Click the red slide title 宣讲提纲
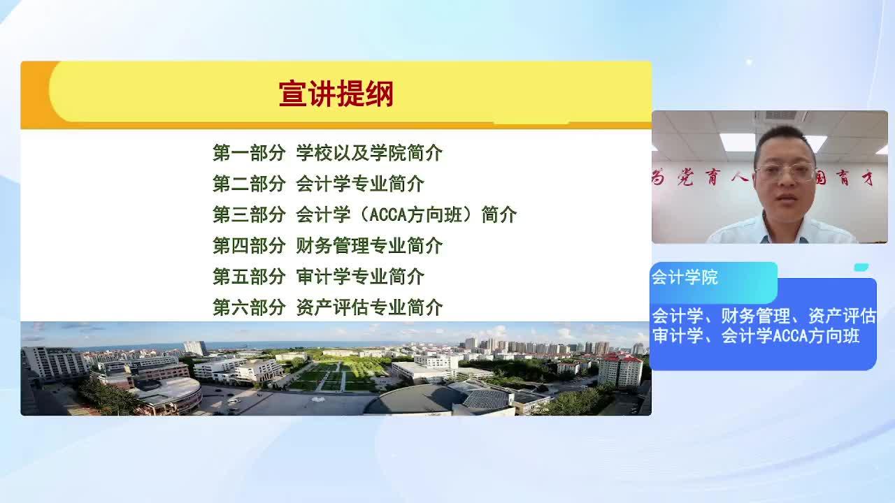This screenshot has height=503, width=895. [x=336, y=94]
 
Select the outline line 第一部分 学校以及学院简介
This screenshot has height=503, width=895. [x=327, y=153]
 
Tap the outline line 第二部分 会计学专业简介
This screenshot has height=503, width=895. [x=318, y=184]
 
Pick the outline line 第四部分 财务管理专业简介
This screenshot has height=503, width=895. [x=327, y=245]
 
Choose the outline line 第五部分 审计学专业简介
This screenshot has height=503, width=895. [x=318, y=276]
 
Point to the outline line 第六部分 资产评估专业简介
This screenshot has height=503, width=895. [x=327, y=307]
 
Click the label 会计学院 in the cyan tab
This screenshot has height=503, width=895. [x=685, y=277]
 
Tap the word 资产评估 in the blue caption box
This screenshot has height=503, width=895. [x=842, y=316]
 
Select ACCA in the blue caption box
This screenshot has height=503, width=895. [x=791, y=336]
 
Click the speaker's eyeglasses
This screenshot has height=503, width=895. [x=786, y=173]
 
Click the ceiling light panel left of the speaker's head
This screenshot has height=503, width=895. [x=738, y=142]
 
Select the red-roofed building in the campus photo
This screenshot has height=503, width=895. [x=620, y=370]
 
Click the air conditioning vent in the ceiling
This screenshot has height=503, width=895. [x=779, y=116]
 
